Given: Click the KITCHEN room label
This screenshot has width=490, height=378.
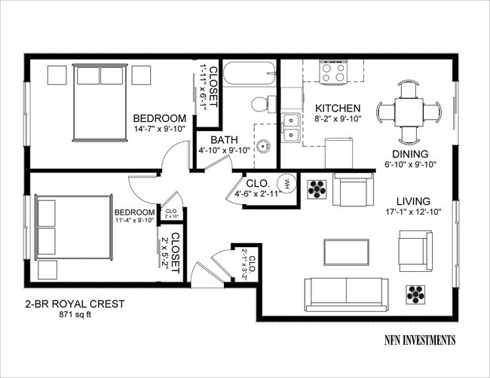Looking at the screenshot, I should [337, 108].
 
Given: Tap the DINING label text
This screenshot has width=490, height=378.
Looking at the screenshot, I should [411, 153].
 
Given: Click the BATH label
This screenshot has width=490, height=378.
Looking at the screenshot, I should [224, 140].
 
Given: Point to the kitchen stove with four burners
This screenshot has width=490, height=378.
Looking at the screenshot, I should [333, 72].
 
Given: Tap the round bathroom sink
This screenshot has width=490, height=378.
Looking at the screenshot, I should [262, 147].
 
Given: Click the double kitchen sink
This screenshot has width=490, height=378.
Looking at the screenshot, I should [291, 128].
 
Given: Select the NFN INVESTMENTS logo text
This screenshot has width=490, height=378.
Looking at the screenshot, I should [418, 340].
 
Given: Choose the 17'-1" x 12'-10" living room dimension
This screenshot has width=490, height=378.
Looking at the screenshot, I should [411, 212].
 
